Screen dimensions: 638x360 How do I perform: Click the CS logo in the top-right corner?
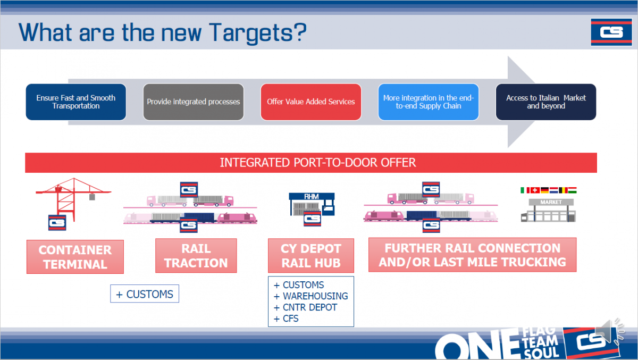pyautogui.click(x=611, y=32)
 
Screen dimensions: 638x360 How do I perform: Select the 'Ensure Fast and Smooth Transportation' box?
pyautogui.click(x=75, y=102)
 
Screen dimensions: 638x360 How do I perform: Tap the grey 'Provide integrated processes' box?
pyautogui.click(x=194, y=102)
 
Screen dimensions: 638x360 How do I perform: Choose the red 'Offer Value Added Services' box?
pyautogui.click(x=310, y=102)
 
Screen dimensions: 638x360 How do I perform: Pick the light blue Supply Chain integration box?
pyautogui.click(x=429, y=102)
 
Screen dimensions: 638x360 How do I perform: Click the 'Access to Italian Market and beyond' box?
pyautogui.click(x=546, y=102)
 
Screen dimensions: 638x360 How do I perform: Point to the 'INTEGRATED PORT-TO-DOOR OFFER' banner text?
pyautogui.click(x=318, y=163)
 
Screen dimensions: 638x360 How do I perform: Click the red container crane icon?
pyautogui.click(x=73, y=199)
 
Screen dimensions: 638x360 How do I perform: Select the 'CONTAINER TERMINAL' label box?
pyautogui.click(x=75, y=257)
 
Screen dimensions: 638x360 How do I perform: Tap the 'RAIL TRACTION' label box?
pyautogui.click(x=196, y=256)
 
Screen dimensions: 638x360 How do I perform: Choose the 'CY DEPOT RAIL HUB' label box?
pyautogui.click(x=311, y=256)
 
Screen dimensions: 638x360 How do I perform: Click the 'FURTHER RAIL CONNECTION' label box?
pyautogui.click(x=473, y=255)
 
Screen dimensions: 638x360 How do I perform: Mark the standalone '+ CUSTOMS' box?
pyautogui.click(x=145, y=294)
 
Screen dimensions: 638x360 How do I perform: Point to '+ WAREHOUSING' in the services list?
pyautogui.click(x=310, y=296)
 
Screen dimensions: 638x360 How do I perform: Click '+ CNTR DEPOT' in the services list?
pyautogui.click(x=305, y=307)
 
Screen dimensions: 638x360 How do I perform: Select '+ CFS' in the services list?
pyautogui.click(x=286, y=319)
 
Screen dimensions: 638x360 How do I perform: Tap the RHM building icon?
pyautogui.click(x=312, y=205)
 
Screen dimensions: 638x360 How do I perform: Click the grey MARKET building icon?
pyautogui.click(x=548, y=210)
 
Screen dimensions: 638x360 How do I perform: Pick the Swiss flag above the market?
pyautogui.click(x=535, y=190)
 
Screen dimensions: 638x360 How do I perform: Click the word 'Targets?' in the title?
pyautogui.click(x=258, y=33)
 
